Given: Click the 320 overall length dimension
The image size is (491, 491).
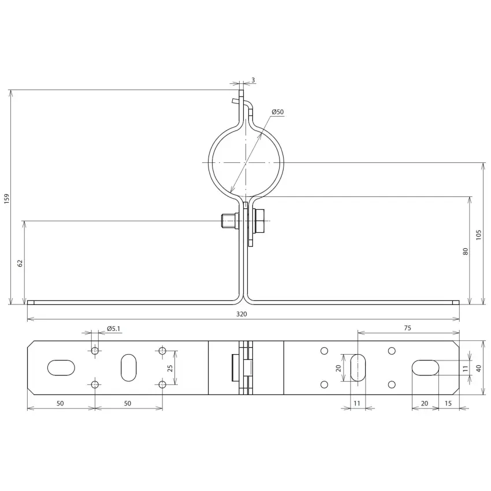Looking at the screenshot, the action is [x=241, y=314].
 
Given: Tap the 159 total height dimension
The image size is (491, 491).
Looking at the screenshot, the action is [x=7, y=199].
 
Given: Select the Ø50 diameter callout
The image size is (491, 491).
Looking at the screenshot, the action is [x=277, y=112].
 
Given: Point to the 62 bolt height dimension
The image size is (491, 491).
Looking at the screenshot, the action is [x=20, y=263].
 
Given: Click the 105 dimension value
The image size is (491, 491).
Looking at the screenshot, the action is [x=478, y=235].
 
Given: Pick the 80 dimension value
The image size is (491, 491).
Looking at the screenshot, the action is [x=466, y=251].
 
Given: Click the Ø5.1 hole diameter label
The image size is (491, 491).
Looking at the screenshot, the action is [x=113, y=329].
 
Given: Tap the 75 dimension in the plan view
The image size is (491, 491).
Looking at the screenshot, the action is [x=407, y=328].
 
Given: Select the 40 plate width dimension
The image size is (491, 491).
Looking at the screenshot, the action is [x=478, y=369].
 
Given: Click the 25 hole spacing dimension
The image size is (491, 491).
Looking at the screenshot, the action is [x=170, y=369].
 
